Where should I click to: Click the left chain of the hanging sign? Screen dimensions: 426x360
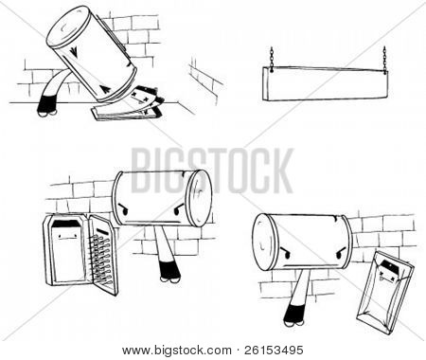(272, 58)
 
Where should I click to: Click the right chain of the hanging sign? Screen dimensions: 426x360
(384, 60)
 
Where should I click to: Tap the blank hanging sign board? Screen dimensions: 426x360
(325, 84)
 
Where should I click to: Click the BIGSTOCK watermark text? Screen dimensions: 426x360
(212, 171)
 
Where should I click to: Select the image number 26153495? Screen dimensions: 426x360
(274, 351)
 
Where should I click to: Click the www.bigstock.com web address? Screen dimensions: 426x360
(177, 351)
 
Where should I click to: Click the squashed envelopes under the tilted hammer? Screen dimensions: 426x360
(130, 106)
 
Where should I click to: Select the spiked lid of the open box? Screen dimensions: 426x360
(103, 255)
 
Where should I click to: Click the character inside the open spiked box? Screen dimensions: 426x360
(67, 249)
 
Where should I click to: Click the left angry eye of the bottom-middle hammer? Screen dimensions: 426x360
(123, 209)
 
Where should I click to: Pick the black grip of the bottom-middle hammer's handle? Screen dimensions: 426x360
(169, 270)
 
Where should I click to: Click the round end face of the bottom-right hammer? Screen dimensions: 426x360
(266, 242)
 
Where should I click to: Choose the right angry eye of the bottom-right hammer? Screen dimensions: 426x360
(341, 253)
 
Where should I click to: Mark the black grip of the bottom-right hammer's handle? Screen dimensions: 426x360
(294, 315)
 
